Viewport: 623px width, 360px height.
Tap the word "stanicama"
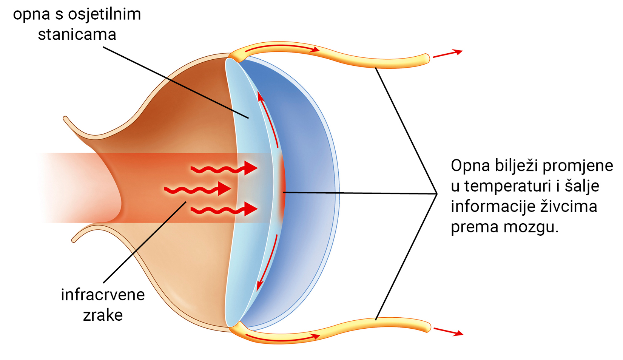[x=77, y=35]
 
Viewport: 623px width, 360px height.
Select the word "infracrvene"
[x=103, y=295]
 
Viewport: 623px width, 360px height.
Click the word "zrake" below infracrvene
[x=103, y=315]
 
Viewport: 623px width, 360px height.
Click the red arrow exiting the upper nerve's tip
[x=447, y=54]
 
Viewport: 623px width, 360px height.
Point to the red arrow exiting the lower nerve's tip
[x=448, y=331]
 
